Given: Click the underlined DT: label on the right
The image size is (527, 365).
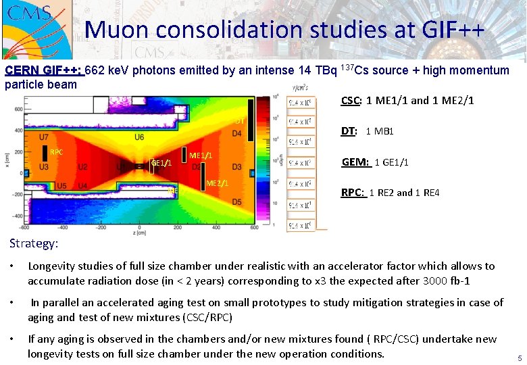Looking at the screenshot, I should click(349, 132).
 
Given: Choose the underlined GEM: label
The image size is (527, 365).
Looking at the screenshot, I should click(355, 162).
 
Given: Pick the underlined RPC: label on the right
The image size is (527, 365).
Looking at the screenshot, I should click(353, 193).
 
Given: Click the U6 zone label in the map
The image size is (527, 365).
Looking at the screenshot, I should click(139, 137).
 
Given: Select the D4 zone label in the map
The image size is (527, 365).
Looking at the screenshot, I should click(236, 134).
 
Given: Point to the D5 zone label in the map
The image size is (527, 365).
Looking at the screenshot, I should click(236, 201).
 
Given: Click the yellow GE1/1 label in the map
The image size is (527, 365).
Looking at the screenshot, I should click(161, 163).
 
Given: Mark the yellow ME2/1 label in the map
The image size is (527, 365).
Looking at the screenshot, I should click(217, 183).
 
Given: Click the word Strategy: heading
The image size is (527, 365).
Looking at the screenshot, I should click(34, 243).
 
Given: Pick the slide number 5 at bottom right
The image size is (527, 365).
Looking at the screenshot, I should click(519, 358).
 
